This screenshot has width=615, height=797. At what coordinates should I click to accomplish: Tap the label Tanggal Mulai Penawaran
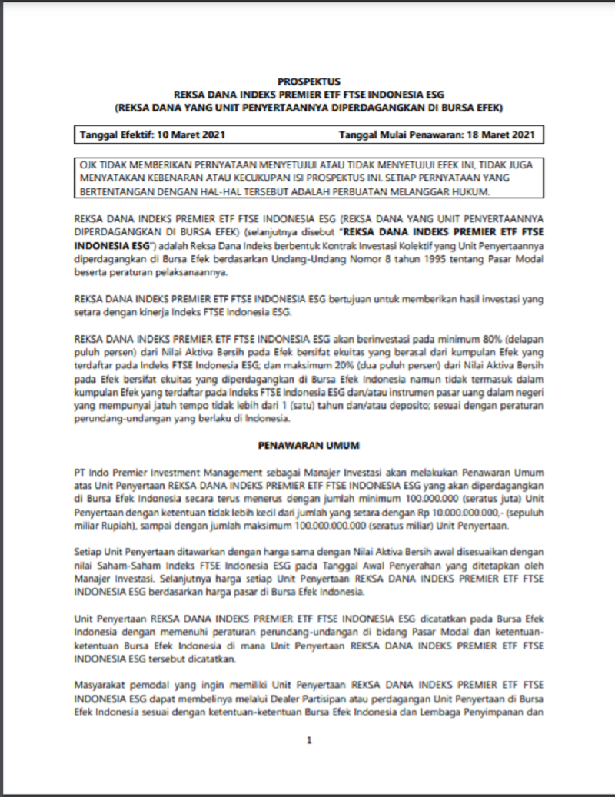point(392,135)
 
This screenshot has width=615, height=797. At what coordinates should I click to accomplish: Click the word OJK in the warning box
point(89,165)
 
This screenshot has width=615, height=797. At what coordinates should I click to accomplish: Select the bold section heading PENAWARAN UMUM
point(307,445)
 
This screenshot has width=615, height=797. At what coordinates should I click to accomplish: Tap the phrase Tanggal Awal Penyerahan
point(403,563)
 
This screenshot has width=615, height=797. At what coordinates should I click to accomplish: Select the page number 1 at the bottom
point(308,741)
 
